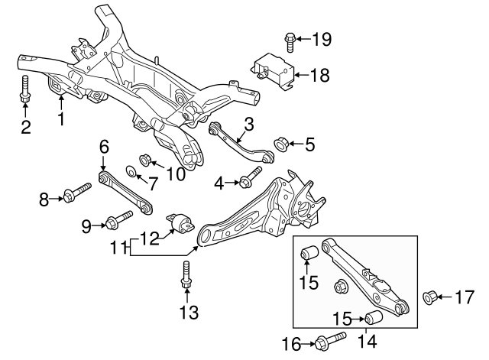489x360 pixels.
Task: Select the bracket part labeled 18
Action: [x=273, y=70]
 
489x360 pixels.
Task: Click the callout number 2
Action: [x=26, y=127]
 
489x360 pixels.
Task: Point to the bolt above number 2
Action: [x=25, y=89]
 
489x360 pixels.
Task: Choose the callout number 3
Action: [x=248, y=124]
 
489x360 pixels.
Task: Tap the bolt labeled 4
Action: [x=246, y=182]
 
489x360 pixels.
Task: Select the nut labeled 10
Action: [x=147, y=161]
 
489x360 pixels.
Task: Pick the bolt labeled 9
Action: [x=114, y=222]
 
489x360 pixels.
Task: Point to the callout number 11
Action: [x=120, y=247]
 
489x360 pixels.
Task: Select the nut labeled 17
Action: [x=429, y=296]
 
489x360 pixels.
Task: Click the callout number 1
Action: [x=60, y=119]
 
